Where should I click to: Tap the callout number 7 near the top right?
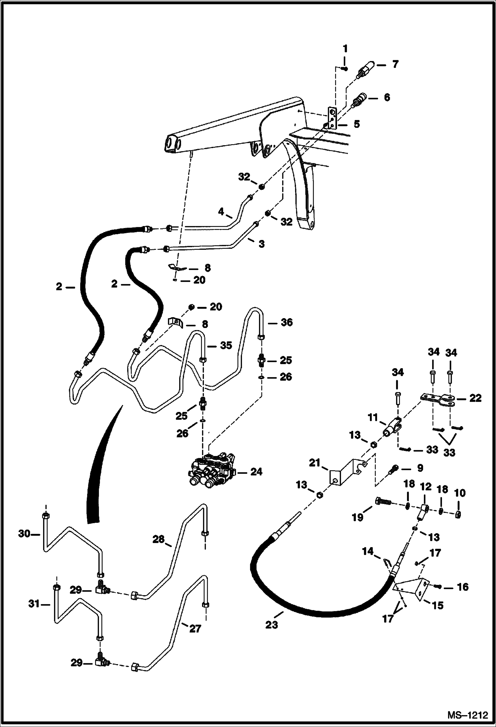point(395,64)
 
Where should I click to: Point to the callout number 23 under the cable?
point(272,625)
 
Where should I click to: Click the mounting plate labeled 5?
point(332,118)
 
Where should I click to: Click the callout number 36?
point(286,322)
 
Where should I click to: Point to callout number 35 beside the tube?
point(226,345)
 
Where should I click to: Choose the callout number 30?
point(24,533)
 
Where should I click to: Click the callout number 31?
point(34,604)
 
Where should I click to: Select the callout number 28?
point(158,539)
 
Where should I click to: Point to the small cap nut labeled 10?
point(459,514)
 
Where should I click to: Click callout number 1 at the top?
point(345,49)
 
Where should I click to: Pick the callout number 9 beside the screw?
point(420,468)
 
